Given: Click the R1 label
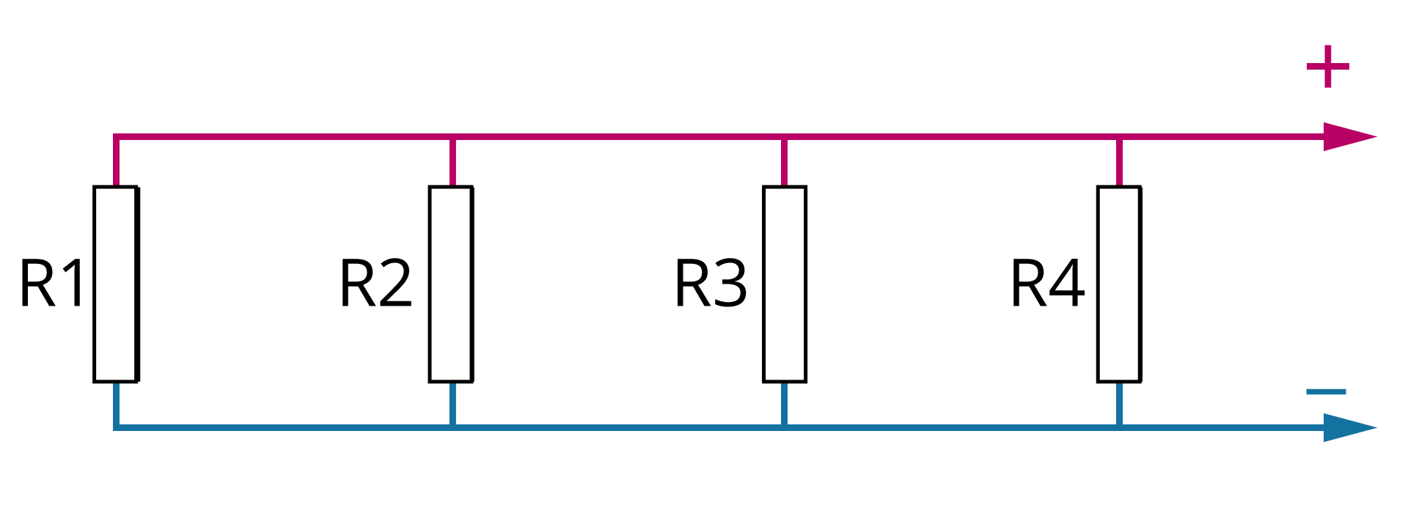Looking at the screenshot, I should [51, 284].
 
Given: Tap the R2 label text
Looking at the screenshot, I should [375, 284].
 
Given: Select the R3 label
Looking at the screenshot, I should [710, 284].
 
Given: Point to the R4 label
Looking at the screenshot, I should [1046, 284].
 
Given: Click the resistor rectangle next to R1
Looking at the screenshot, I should [116, 284].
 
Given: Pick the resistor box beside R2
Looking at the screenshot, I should [451, 284].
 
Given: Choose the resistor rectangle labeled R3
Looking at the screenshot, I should [785, 284].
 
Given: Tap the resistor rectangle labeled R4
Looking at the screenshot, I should [1119, 284].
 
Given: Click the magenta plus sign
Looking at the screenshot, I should [1327, 67].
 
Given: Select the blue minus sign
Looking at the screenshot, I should [1326, 391].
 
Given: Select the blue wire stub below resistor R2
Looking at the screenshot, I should [452, 403].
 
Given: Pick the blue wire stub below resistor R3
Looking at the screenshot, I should [785, 403].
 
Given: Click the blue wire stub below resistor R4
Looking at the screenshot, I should [1119, 403].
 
